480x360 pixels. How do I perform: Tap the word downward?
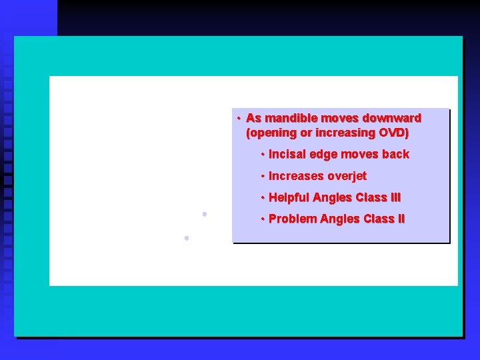[x=389, y=119]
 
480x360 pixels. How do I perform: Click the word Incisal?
[x=287, y=155]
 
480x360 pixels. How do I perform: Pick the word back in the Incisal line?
[x=395, y=155]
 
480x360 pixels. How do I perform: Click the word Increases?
[x=296, y=176]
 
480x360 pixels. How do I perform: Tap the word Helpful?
[x=289, y=198]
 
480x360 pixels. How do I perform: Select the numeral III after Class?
[x=395, y=198]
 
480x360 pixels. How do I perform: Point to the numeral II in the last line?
[x=398, y=219]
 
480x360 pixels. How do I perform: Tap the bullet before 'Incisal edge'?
[x=263, y=155]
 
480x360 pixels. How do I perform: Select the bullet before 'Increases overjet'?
[x=263, y=176]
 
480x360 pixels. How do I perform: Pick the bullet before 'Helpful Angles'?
[x=263, y=198]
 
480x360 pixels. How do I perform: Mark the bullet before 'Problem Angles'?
[x=263, y=219]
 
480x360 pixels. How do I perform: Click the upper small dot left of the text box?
[x=205, y=214]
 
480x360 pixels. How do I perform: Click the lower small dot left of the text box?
[x=187, y=237]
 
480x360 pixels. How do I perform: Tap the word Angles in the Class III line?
[x=334, y=198]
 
